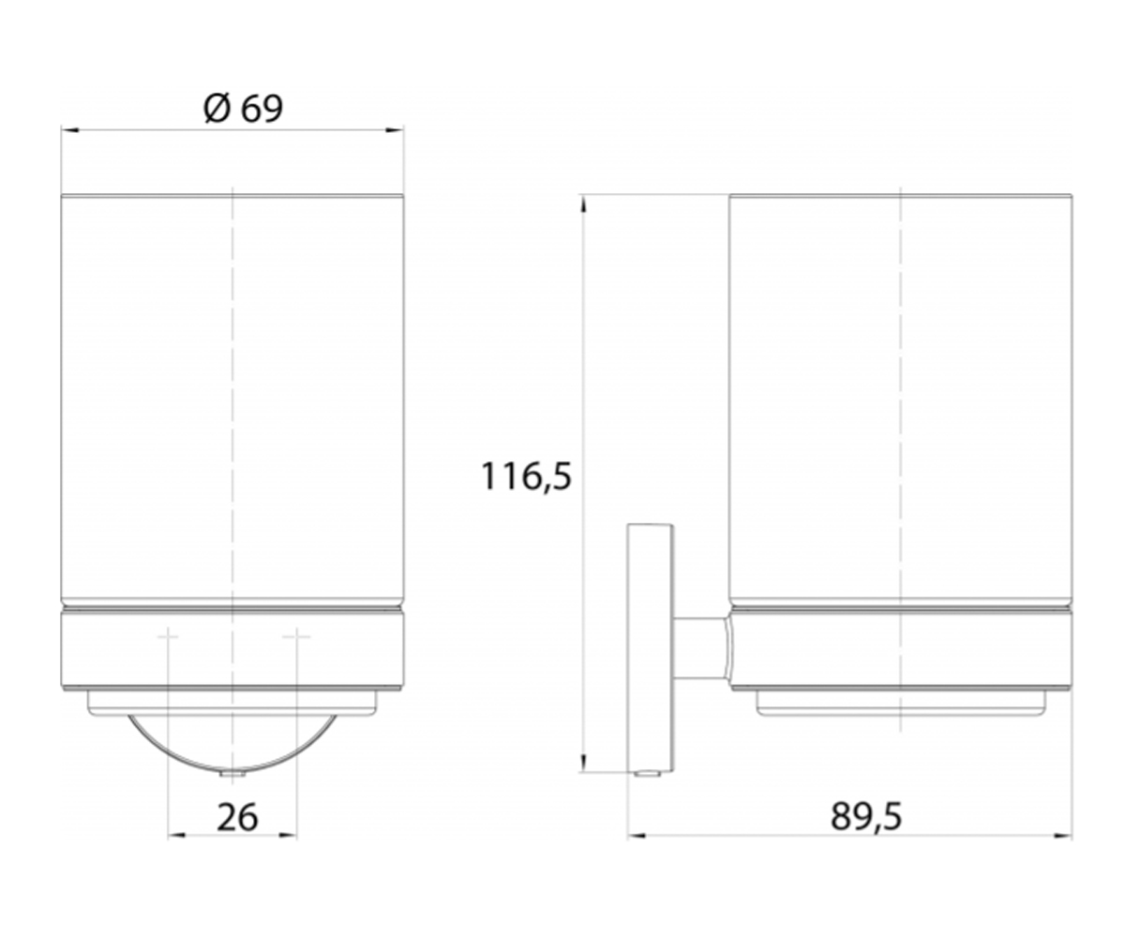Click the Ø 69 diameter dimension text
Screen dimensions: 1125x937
tap(243, 110)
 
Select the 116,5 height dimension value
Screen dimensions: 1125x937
tap(526, 476)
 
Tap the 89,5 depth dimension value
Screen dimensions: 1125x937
tap(866, 816)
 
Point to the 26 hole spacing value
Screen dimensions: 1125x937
tap(237, 817)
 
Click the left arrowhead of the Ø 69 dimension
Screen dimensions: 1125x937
tap(70, 130)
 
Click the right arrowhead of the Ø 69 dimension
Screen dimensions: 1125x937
tap(395, 130)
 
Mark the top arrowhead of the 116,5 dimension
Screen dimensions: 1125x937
tap(582, 204)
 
